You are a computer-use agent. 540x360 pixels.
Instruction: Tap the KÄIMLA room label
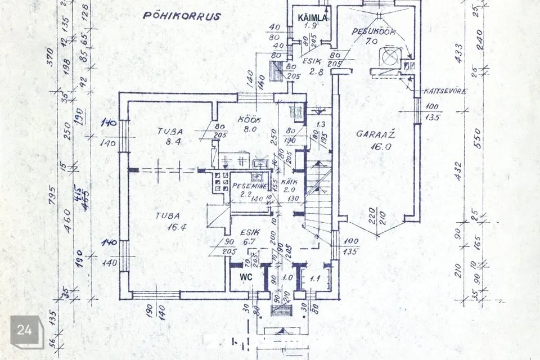[x=312, y=18]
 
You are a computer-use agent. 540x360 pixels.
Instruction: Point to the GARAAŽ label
[x=373, y=134]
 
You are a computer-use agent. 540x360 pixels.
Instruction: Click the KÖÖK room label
[x=247, y=119]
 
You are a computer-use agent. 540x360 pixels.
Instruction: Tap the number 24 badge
[x=27, y=330]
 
